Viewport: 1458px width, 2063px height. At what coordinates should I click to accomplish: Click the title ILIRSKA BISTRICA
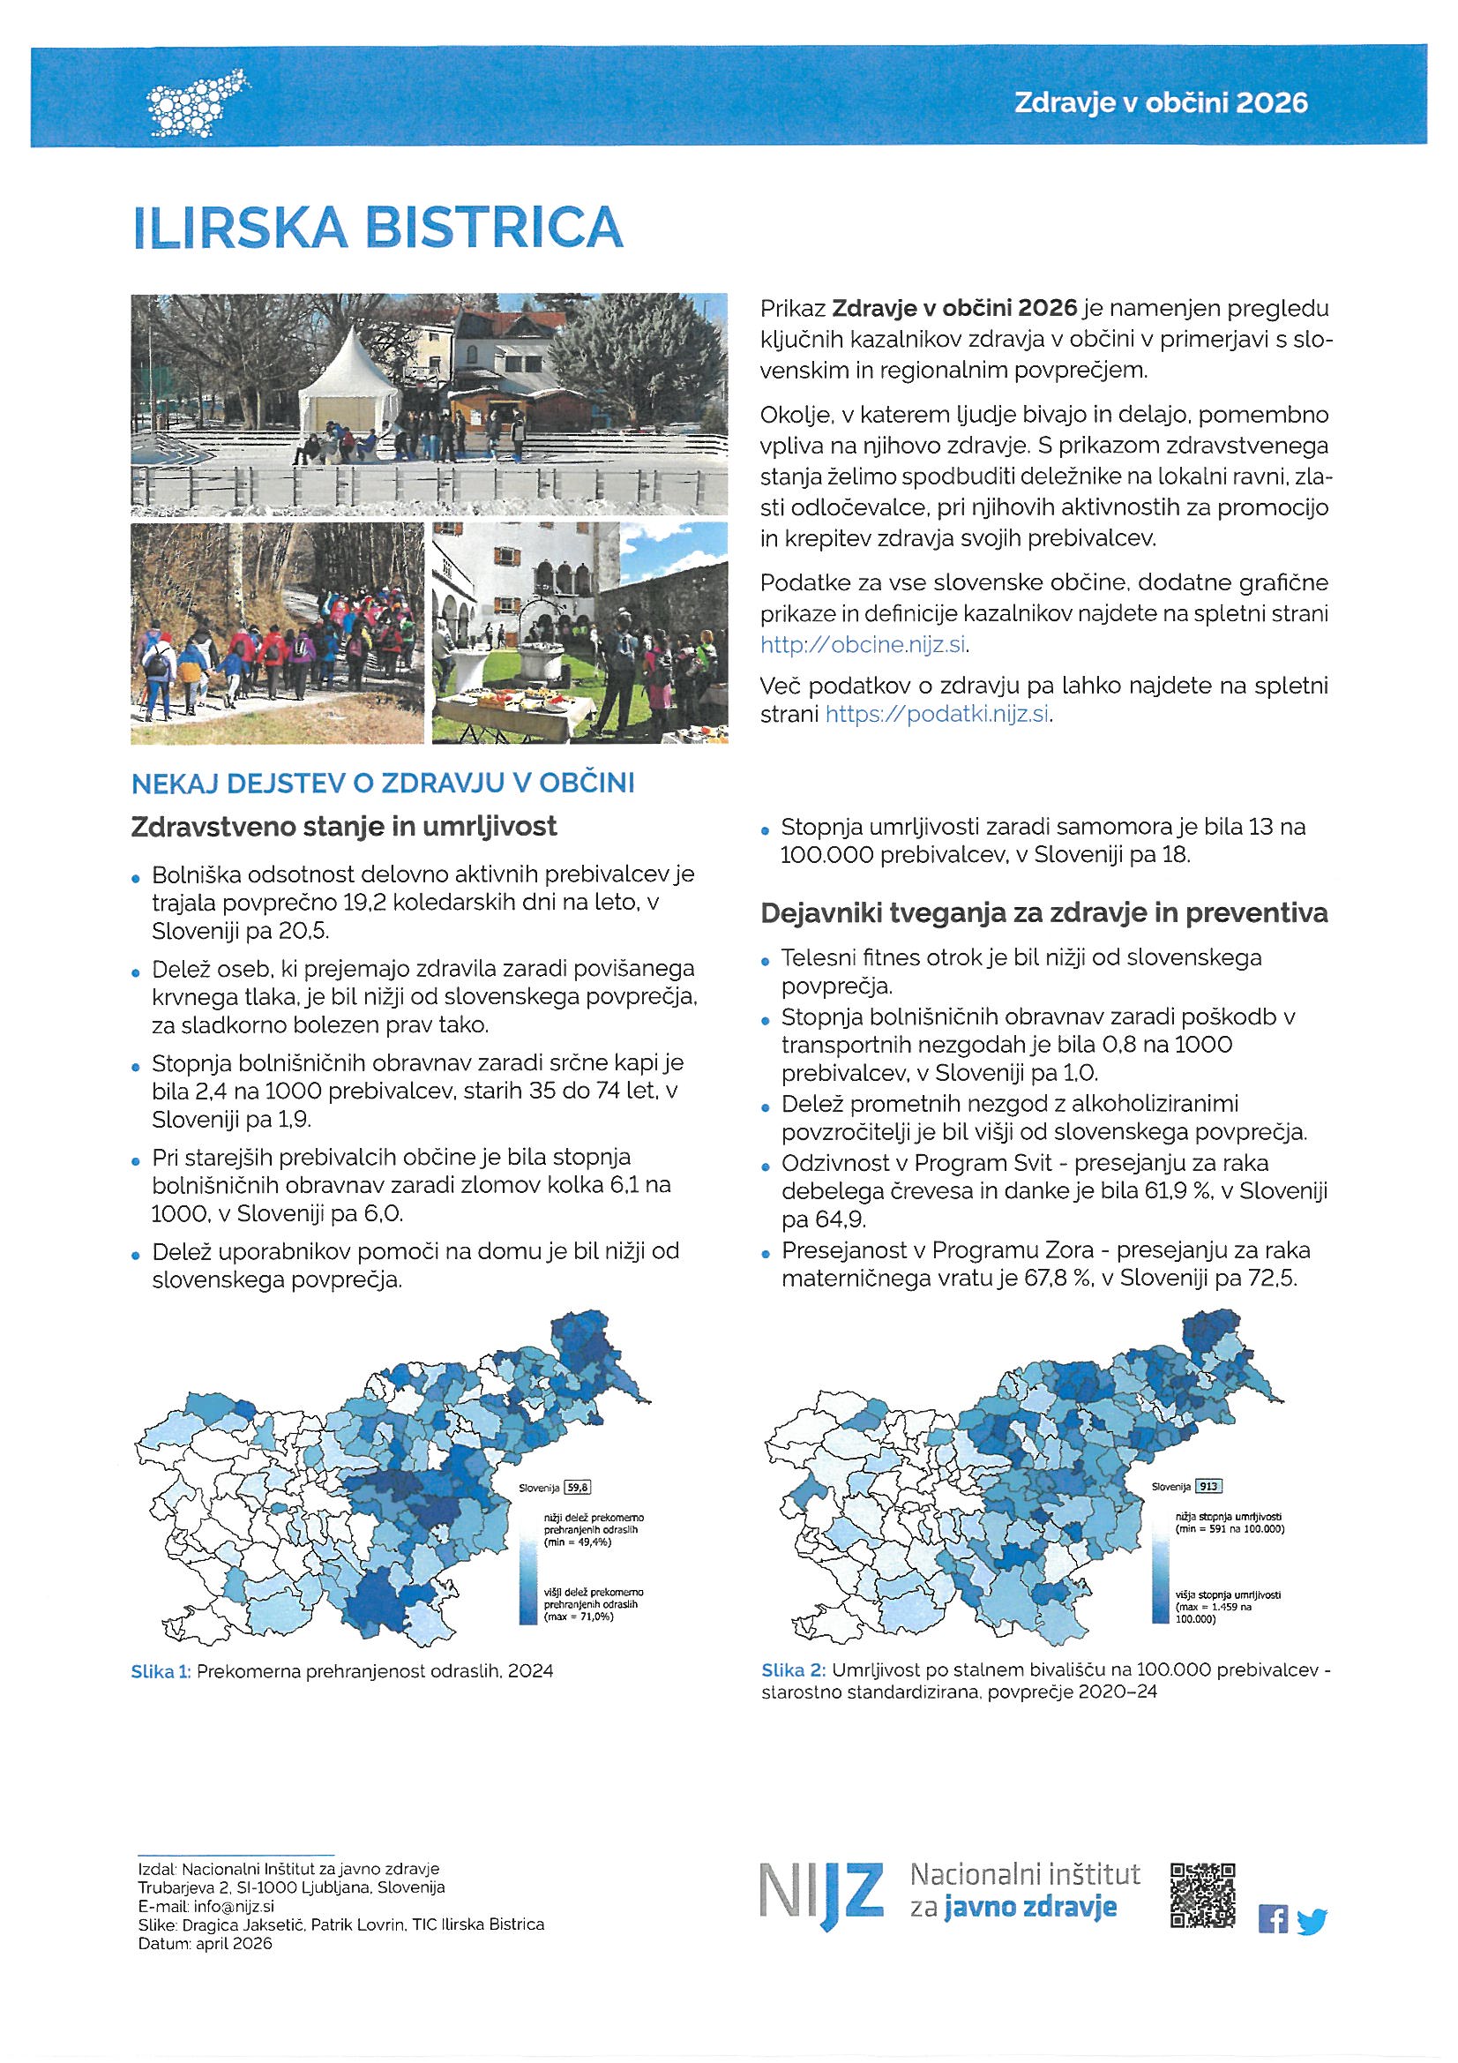tap(378, 228)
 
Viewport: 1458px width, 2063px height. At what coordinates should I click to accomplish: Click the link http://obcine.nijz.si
tap(864, 644)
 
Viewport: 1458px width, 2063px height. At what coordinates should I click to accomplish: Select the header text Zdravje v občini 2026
tap(1161, 103)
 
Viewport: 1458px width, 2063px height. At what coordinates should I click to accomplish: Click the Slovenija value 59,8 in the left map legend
tap(579, 1487)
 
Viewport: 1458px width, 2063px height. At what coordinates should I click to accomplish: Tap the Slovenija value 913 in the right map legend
tap(1210, 1487)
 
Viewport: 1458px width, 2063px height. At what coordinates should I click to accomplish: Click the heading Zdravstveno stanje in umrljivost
tap(344, 826)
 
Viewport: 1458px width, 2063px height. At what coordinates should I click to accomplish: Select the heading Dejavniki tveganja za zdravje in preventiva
tap(1043, 914)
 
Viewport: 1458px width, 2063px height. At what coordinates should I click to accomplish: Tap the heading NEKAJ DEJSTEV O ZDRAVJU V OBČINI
tap(383, 784)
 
